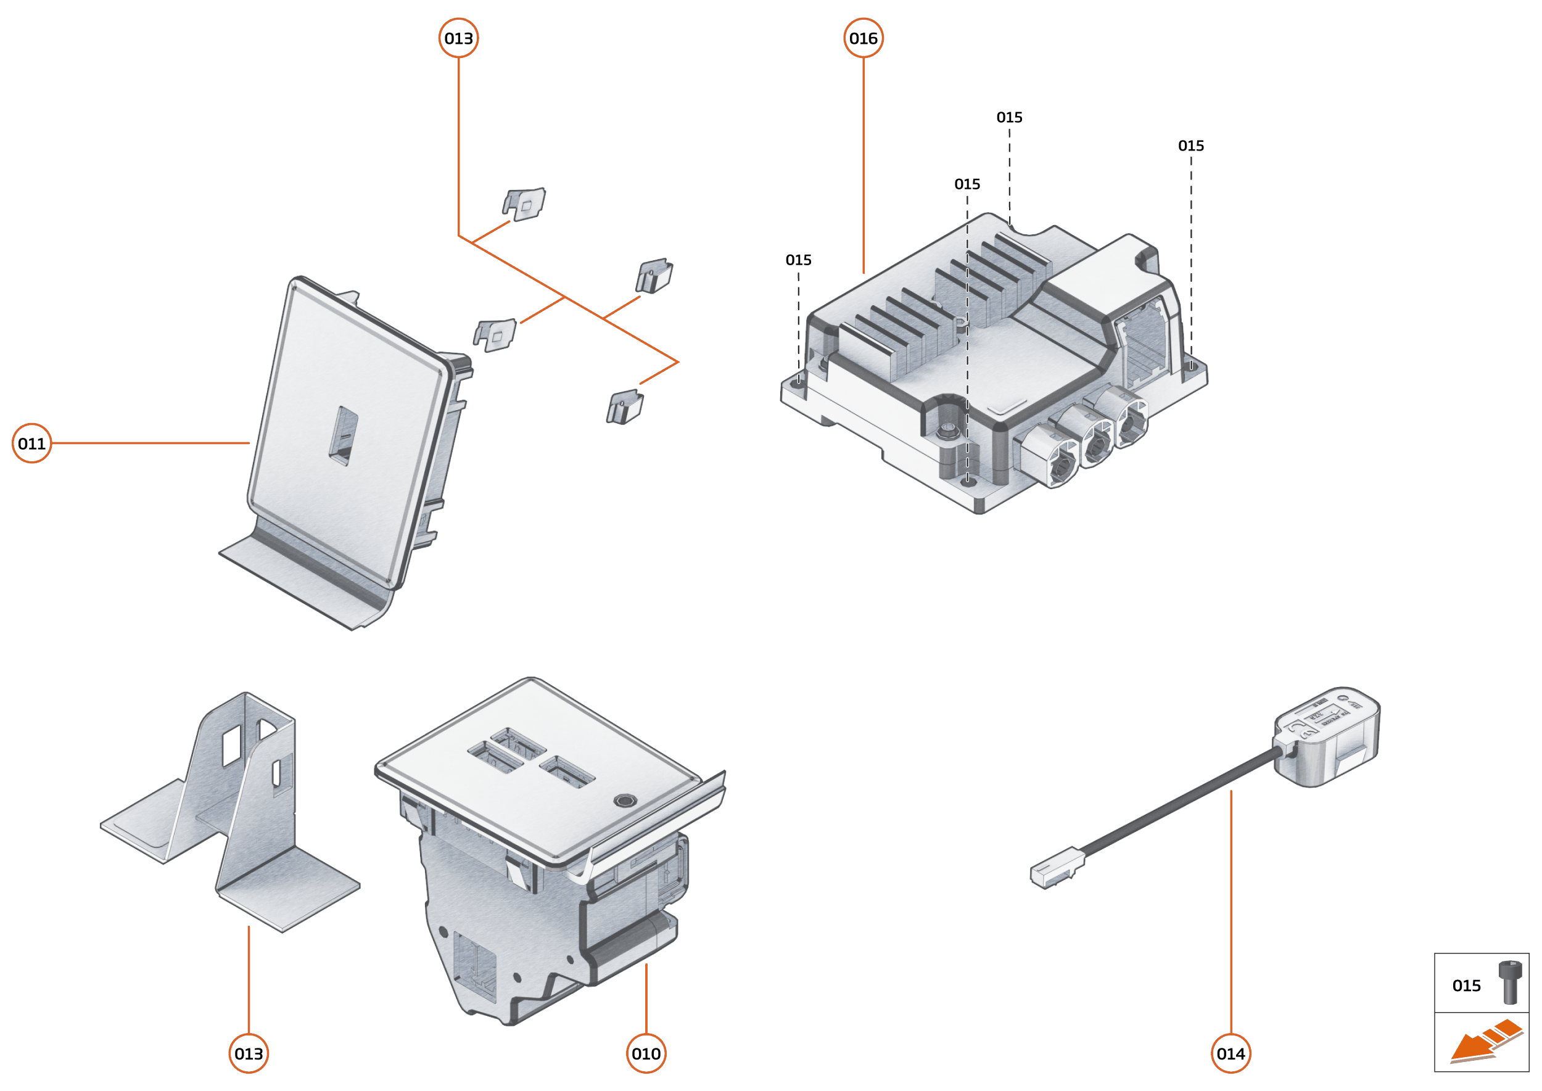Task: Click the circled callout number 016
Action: click(863, 38)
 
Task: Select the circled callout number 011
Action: click(31, 443)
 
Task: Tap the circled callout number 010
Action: click(646, 1053)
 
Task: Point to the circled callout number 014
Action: click(1231, 1053)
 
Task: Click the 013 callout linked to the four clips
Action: click(458, 38)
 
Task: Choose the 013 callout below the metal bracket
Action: click(249, 1053)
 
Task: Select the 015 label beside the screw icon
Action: click(1466, 986)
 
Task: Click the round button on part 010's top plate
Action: click(625, 801)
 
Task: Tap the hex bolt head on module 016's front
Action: click(948, 429)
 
